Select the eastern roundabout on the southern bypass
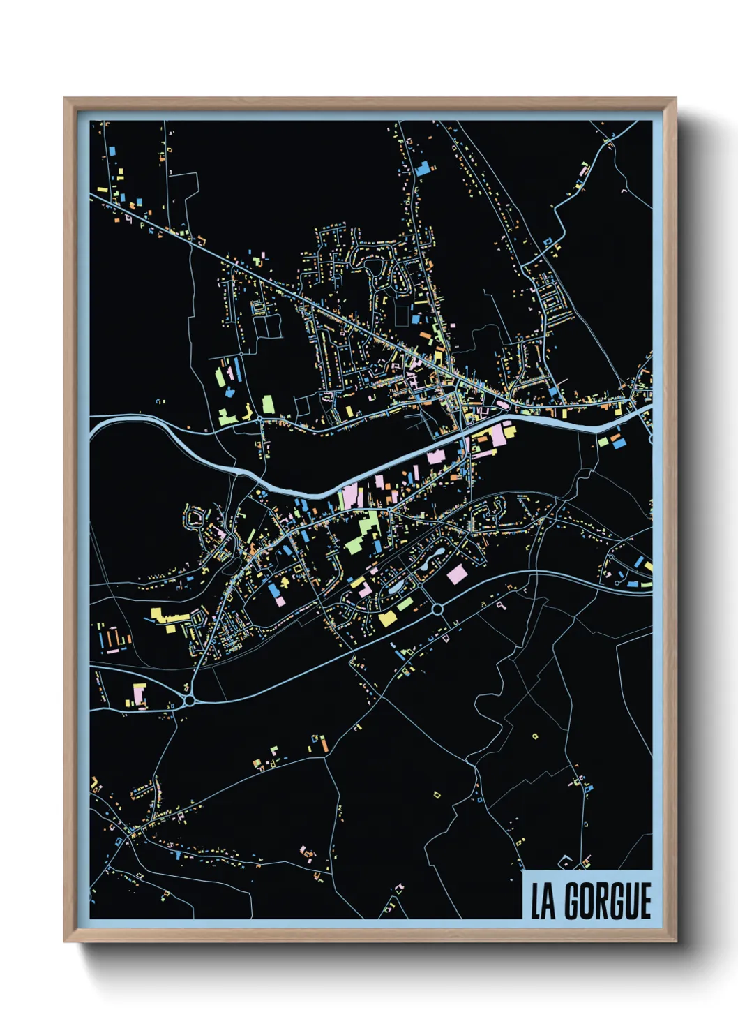pos(437,609)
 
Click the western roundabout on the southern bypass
pos(189,699)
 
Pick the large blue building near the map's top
pos(422,168)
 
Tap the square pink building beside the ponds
pos(457,574)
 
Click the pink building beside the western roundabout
pos(140,694)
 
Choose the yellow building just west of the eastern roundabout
pos(388,618)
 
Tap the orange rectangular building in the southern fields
pos(324,745)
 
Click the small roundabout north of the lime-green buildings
pos(259,419)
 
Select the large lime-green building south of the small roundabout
pos(268,405)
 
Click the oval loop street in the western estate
pos(195,517)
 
